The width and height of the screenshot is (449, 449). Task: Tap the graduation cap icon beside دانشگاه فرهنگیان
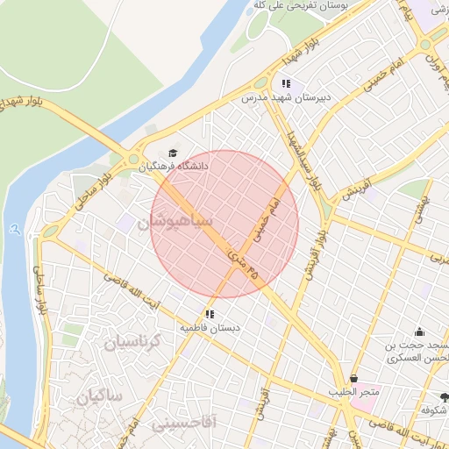pyautogui.click(x=172, y=153)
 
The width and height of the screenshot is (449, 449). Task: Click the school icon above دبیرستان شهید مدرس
pyautogui.click(x=285, y=84)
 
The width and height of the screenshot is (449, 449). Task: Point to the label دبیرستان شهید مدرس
pyautogui.click(x=286, y=98)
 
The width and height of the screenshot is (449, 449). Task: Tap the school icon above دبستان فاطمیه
pyautogui.click(x=210, y=314)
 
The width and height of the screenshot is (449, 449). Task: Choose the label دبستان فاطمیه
pyautogui.click(x=209, y=327)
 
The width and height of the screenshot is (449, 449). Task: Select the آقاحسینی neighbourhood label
pyautogui.click(x=184, y=424)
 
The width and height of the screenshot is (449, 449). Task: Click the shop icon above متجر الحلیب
pyautogui.click(x=353, y=378)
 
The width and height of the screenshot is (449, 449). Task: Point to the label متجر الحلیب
pyautogui.click(x=354, y=391)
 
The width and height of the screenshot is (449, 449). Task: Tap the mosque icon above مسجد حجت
pyautogui.click(x=419, y=331)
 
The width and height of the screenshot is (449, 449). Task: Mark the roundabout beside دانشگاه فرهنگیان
pyautogui.click(x=134, y=160)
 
